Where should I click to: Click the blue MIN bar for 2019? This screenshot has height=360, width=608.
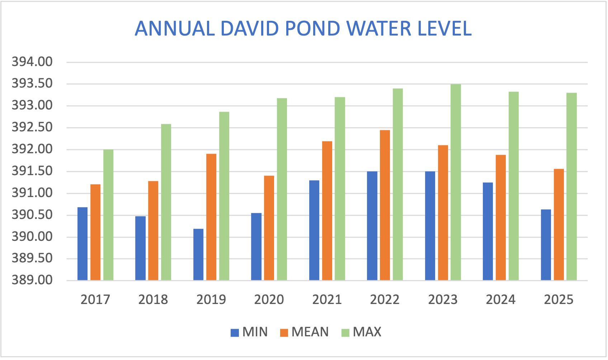click(198, 254)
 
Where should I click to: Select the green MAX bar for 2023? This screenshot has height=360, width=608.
click(456, 182)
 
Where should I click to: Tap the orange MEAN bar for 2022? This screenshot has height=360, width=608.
click(385, 205)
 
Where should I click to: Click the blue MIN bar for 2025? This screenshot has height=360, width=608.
click(546, 245)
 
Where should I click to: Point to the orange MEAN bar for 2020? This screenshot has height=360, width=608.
click(269, 228)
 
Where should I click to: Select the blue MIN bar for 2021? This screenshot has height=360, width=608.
click(314, 230)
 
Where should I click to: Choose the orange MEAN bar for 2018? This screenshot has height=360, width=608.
click(153, 230)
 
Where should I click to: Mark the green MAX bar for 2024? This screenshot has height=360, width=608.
click(514, 186)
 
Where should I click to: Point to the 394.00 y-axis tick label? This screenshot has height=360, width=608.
click(32, 62)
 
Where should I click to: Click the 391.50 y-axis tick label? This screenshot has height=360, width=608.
click(32, 171)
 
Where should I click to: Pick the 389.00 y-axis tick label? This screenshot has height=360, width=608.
click(32, 280)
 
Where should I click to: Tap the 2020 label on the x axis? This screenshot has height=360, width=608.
click(269, 300)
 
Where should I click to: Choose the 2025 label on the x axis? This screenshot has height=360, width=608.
click(558, 300)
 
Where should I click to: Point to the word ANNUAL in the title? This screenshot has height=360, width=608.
click(174, 29)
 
